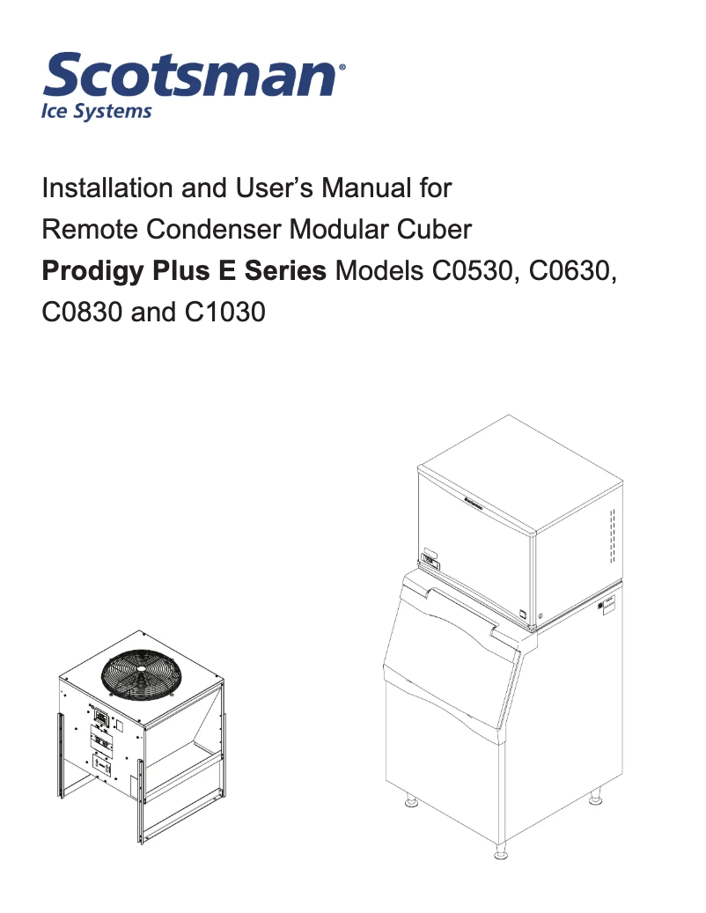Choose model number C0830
tap(82, 313)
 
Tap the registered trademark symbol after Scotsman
tap(342, 65)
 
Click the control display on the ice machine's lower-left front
tap(430, 557)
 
